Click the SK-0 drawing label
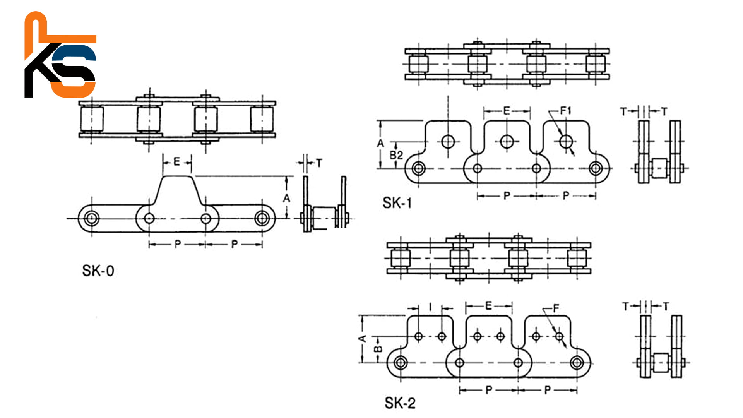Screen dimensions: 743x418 (98, 271)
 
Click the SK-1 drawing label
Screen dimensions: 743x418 (397, 203)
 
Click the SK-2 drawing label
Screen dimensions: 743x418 (400, 403)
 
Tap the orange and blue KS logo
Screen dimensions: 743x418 (60, 55)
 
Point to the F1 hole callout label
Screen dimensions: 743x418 (566, 111)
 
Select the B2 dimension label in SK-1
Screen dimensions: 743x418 (396, 156)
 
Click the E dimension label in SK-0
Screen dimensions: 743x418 (176, 161)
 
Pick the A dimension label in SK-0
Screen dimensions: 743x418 (286, 198)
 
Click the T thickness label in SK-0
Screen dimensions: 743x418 (319, 163)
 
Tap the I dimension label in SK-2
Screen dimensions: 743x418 (431, 307)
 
